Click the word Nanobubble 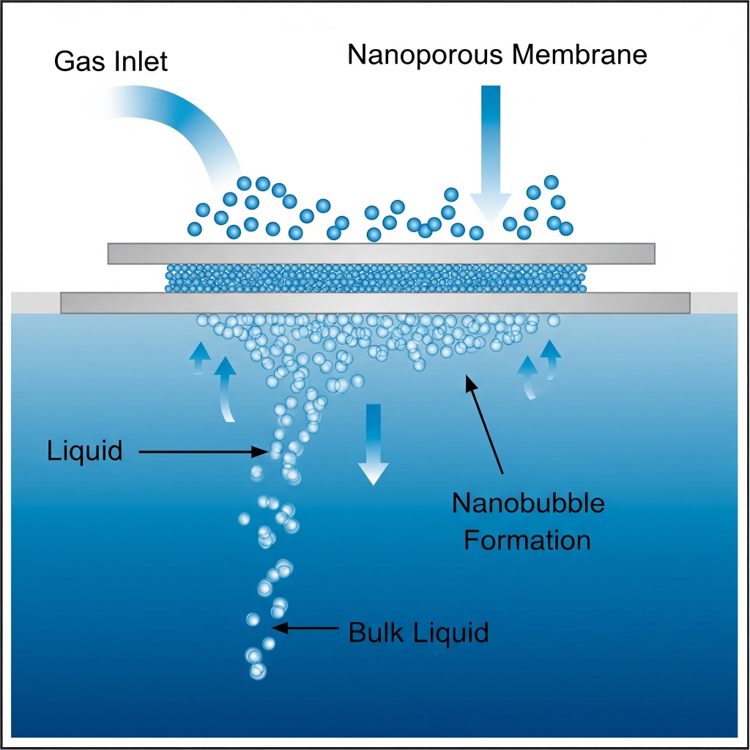[528, 504]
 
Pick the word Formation [527, 541]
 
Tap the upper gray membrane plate [381, 253]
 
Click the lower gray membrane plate [375, 302]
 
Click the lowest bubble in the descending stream [257, 670]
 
